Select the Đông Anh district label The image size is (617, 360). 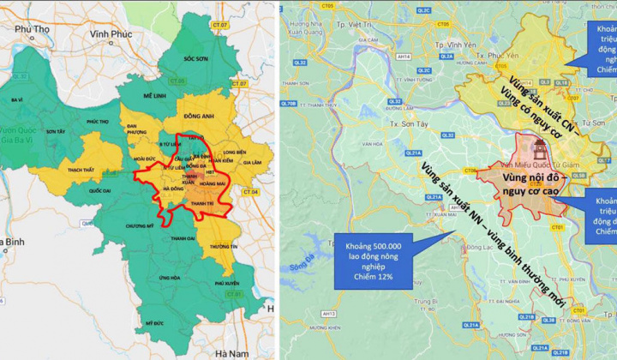[x=198, y=116]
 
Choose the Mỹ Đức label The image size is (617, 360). [x=154, y=323]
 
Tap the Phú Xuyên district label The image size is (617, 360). [x=226, y=282]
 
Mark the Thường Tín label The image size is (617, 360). [x=222, y=246]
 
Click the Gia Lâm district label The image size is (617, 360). [x=253, y=162]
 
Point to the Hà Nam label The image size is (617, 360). [x=232, y=353]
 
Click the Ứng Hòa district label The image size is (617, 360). [x=170, y=278]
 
